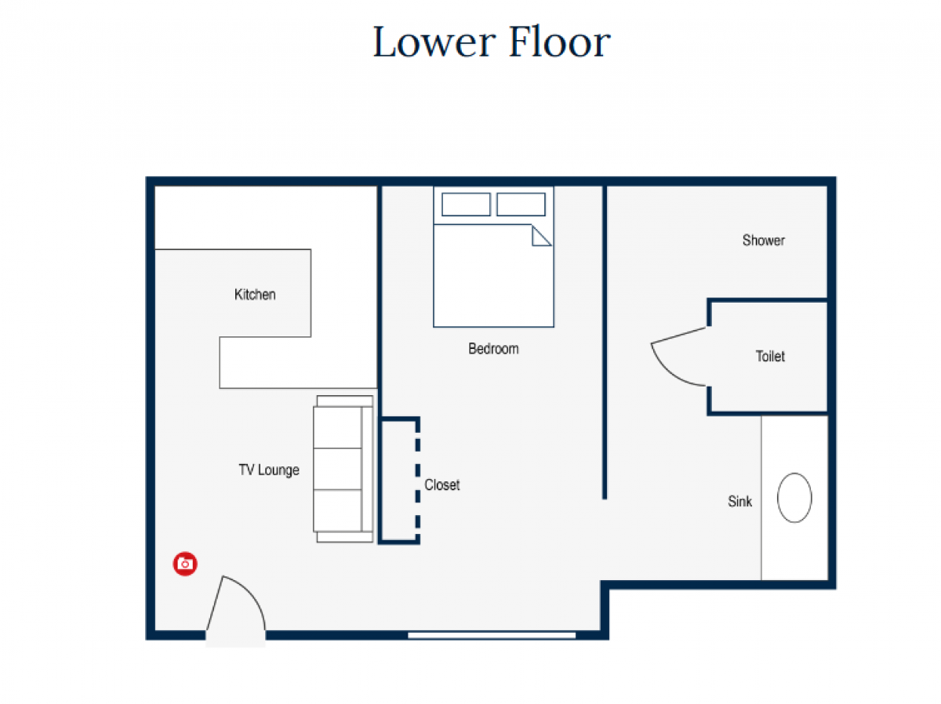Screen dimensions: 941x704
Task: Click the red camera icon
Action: pyautogui.click(x=185, y=564)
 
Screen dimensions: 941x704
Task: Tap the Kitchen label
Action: pyautogui.click(x=255, y=294)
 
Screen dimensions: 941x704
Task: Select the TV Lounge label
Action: pyautogui.click(x=269, y=470)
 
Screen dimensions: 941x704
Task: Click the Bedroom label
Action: pyautogui.click(x=493, y=349)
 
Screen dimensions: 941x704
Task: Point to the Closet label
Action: pyautogui.click(x=442, y=484)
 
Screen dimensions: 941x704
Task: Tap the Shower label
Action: pyautogui.click(x=764, y=240)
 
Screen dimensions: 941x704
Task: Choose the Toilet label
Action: pyautogui.click(x=770, y=356)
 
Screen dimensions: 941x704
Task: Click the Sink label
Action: pyautogui.click(x=739, y=501)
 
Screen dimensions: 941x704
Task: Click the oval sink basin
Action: pyautogui.click(x=794, y=498)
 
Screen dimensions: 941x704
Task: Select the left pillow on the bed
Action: pyautogui.click(x=466, y=205)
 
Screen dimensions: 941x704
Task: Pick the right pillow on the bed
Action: pyautogui.click(x=521, y=205)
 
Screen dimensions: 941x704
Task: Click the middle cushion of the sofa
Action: pyautogui.click(x=337, y=469)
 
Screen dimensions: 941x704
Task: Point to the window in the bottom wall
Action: pyautogui.click(x=492, y=634)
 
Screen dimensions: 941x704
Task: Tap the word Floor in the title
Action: pyautogui.click(x=559, y=41)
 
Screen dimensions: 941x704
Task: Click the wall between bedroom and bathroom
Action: pyautogui.click(x=605, y=342)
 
